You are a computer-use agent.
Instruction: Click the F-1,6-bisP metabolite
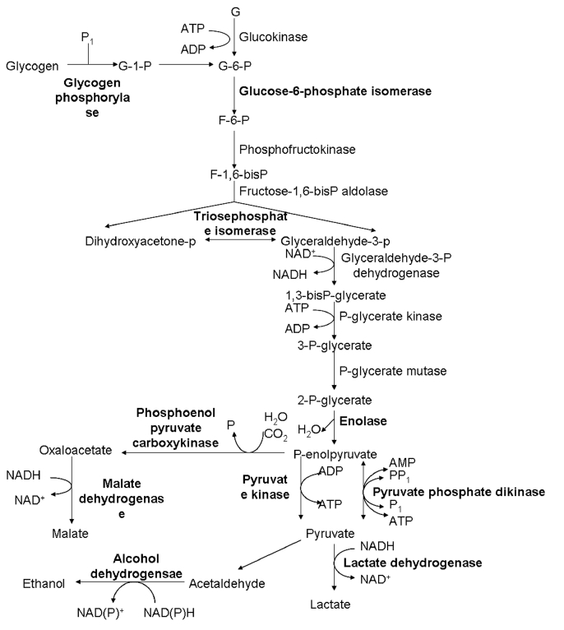[234, 174]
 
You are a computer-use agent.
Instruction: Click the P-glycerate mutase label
[392, 372]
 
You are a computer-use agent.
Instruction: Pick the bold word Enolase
[363, 421]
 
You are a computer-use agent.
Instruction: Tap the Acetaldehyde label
[229, 583]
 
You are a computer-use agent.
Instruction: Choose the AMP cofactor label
[401, 463]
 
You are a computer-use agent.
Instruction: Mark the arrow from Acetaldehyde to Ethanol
[127, 583]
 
